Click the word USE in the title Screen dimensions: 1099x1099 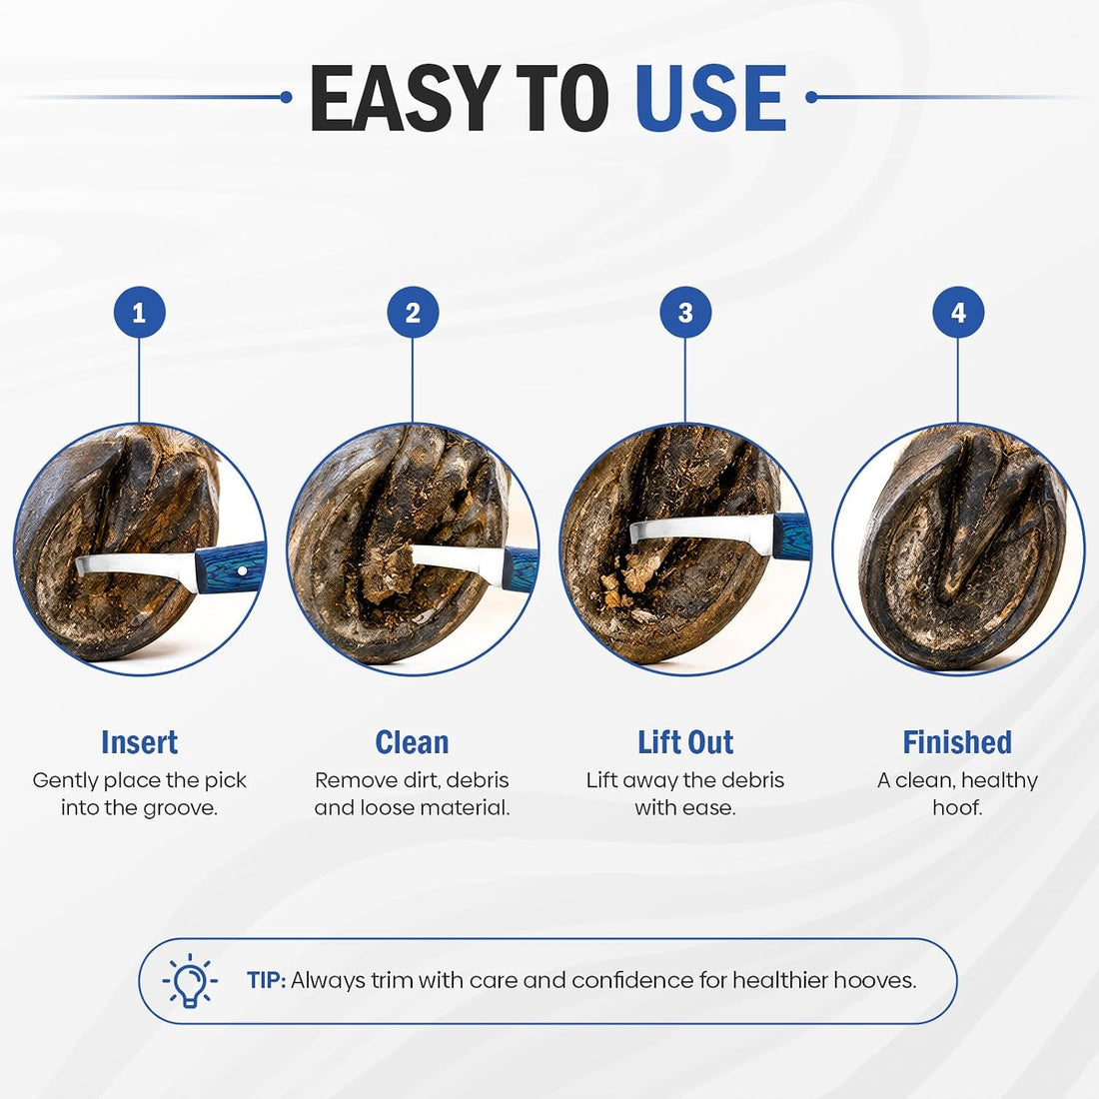click(710, 98)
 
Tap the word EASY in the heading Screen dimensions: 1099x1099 click(405, 98)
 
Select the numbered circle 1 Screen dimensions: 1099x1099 click(140, 313)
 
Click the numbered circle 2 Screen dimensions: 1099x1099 click(413, 313)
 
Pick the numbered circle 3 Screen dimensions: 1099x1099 click(685, 313)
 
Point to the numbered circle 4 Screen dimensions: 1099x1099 click(958, 313)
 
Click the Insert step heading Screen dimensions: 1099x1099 click(140, 742)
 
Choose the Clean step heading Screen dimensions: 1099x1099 click(412, 742)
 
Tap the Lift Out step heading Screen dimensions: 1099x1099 click(685, 742)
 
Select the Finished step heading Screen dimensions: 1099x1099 click(957, 742)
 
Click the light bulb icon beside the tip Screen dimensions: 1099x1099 click(189, 980)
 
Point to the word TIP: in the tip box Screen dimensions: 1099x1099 click(267, 980)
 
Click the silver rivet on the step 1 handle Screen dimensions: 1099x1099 click(242, 571)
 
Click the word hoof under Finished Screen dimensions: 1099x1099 click(957, 807)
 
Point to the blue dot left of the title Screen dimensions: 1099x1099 click(286, 98)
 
